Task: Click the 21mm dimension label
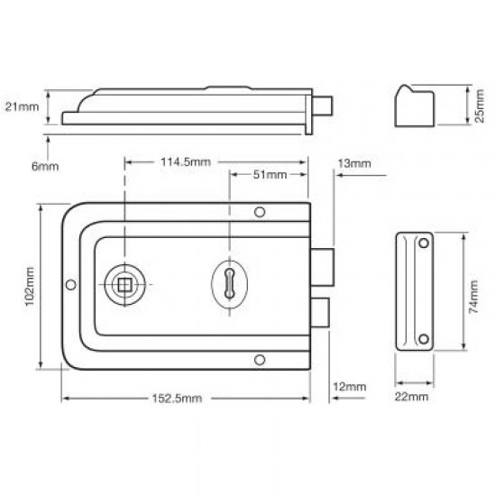pos(22,106)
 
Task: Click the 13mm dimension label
pos(354,162)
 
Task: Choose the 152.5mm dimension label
pos(178,398)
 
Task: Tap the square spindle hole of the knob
pos(123,284)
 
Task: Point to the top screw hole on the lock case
pos(260,213)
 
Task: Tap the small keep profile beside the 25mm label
pos(415,106)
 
